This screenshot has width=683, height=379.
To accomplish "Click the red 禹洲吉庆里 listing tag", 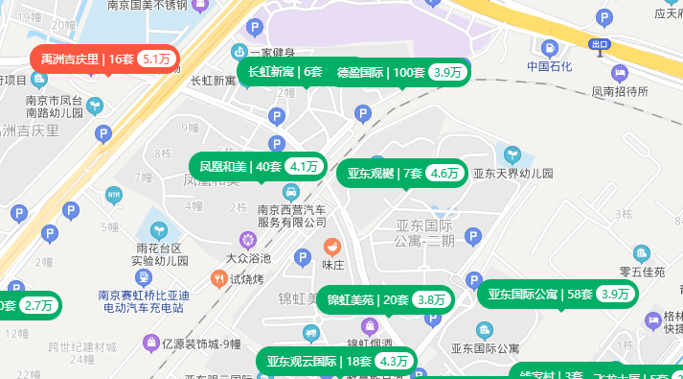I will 105,59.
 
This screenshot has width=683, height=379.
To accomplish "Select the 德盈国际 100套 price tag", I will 399,72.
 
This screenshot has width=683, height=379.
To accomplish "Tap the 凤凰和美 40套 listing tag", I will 257,166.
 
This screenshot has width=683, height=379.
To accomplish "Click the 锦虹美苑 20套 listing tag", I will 386,299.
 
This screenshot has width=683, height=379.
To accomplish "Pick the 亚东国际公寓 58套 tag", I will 558,295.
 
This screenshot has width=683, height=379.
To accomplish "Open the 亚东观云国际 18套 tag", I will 337,362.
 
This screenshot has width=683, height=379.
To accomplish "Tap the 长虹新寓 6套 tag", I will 285,72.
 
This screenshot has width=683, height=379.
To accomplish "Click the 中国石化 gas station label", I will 549,66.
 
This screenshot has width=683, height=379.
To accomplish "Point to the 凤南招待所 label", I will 620,92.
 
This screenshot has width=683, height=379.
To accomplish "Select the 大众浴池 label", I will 248,258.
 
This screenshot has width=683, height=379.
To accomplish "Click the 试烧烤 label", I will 246,279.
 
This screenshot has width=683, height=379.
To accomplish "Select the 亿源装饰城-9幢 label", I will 201,343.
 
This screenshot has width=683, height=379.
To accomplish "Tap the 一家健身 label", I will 263,53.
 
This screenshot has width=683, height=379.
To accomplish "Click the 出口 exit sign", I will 600,44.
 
